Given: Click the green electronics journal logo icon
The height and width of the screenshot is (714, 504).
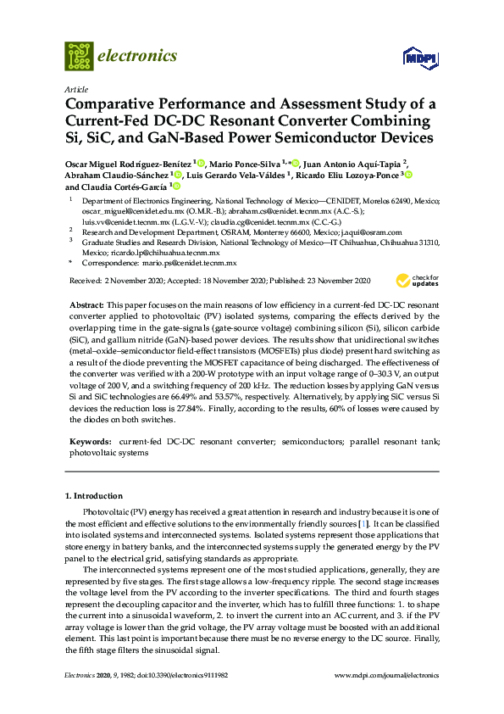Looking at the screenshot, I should [79, 56].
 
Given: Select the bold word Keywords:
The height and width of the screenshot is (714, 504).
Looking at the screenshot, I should [91, 442].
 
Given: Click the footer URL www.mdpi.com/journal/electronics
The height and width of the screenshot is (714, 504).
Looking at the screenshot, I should [388, 676].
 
